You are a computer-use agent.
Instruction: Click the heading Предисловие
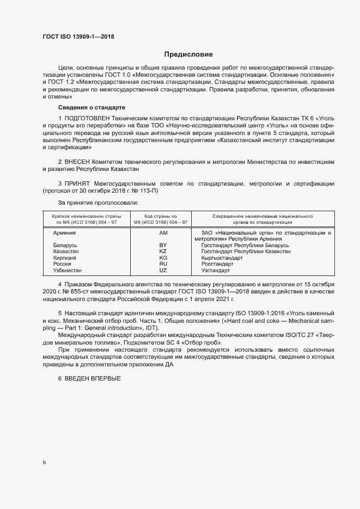click(x=188, y=54)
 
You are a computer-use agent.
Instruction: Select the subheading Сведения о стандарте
click(x=91, y=108)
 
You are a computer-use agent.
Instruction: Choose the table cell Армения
click(x=64, y=233)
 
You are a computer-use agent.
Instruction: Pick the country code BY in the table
click(x=163, y=246)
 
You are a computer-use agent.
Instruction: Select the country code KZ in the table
click(x=163, y=252)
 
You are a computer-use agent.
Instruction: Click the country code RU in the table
click(x=163, y=263)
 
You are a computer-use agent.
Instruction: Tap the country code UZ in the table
click(x=163, y=270)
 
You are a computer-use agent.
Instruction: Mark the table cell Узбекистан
click(x=68, y=270)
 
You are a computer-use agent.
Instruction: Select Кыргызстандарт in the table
click(x=222, y=257)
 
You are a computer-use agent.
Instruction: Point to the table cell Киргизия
click(x=65, y=257)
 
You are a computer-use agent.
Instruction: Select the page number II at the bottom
click(x=44, y=462)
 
